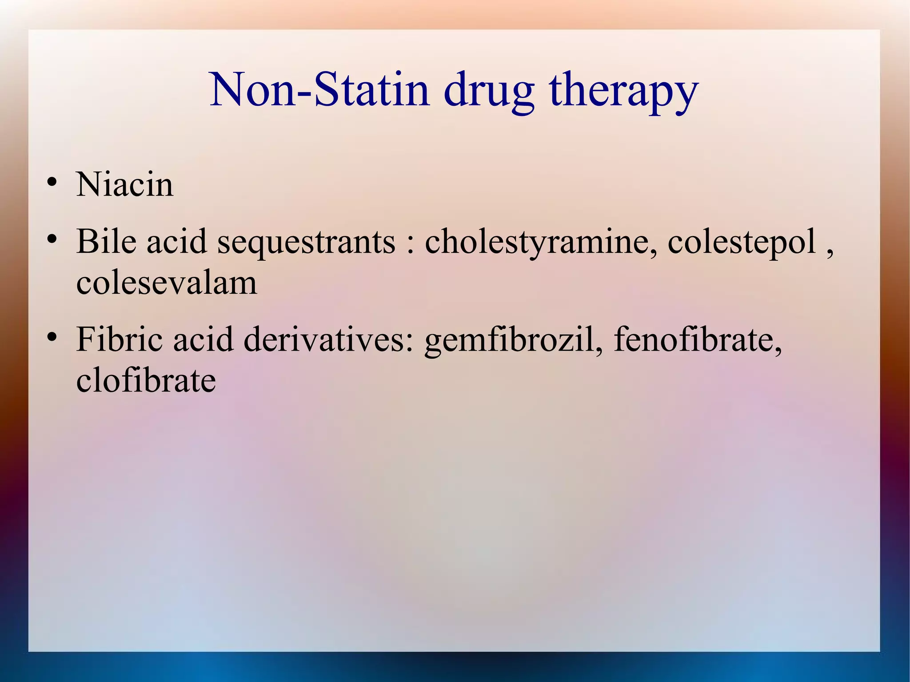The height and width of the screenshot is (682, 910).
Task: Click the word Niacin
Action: tap(125, 184)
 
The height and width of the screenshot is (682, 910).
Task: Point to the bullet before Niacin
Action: tap(52, 182)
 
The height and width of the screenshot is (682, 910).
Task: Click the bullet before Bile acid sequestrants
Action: tap(52, 239)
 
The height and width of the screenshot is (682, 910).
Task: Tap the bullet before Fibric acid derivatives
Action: tap(52, 337)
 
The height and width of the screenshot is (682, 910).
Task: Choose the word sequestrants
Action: tap(306, 243)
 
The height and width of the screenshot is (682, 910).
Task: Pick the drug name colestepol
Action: tap(742, 243)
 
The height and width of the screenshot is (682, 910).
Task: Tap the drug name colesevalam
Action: tap(167, 283)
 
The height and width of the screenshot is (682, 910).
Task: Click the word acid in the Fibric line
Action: tap(203, 339)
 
